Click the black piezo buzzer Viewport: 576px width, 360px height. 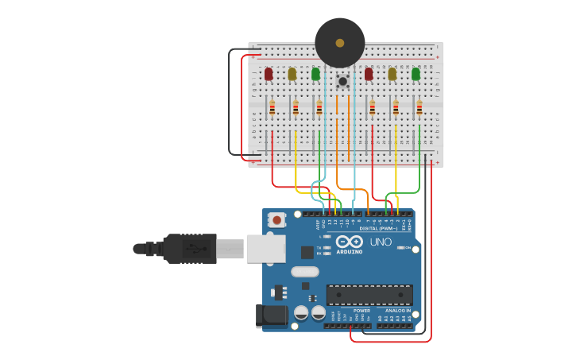click(x=339, y=43)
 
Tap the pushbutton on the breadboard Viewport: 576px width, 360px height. click(x=342, y=81)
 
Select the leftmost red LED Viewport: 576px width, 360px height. click(x=269, y=74)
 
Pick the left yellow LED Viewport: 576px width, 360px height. click(x=292, y=74)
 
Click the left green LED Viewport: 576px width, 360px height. click(x=315, y=74)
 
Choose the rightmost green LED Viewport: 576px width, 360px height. click(x=416, y=74)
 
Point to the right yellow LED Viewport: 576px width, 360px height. click(x=392, y=74)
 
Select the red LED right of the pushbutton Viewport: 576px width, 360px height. click(x=369, y=74)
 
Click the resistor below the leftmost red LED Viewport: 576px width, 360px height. click(x=272, y=107)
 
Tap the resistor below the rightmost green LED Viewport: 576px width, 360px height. click(x=419, y=107)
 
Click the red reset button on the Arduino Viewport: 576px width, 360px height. click(x=276, y=219)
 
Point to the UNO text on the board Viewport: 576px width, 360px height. click(x=381, y=242)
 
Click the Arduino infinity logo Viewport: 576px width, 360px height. click(x=349, y=242)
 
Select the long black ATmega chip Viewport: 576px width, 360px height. click(x=369, y=294)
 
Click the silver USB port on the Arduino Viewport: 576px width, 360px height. click(x=265, y=248)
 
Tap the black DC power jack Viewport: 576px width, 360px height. click(x=272, y=315)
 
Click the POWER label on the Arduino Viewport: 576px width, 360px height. click(x=350, y=311)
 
